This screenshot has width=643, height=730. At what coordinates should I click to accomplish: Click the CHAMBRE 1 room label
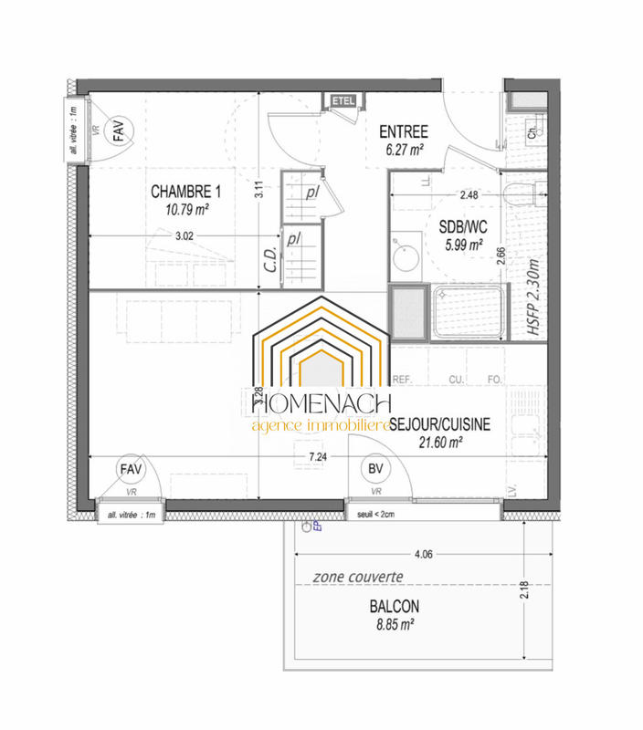(x=185, y=192)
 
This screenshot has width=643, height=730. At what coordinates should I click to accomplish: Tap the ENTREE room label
(x=403, y=132)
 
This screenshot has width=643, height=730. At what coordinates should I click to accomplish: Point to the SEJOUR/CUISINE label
(x=440, y=423)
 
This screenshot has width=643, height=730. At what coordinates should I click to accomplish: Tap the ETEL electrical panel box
(x=343, y=99)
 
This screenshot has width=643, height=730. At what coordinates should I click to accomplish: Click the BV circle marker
(x=374, y=469)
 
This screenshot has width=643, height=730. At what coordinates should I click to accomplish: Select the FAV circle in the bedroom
(x=119, y=133)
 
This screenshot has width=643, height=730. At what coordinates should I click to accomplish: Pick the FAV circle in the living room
(x=132, y=469)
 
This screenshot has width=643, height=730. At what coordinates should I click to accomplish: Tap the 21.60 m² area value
(x=439, y=442)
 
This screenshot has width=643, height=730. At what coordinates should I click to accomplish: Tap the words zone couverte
(x=358, y=578)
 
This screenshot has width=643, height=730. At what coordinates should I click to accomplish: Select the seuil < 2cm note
(x=376, y=515)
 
